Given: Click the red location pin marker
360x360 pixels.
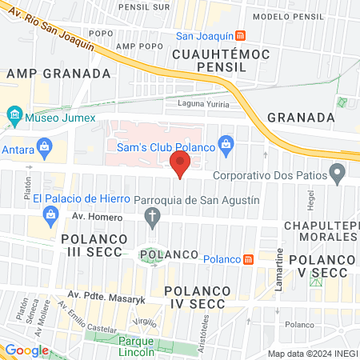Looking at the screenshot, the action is tap(180, 166).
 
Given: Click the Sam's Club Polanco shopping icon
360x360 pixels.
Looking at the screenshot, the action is tap(226, 143).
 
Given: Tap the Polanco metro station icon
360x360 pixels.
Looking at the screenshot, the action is tap(249, 259).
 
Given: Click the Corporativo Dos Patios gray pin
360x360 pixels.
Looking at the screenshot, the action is tap(338, 173).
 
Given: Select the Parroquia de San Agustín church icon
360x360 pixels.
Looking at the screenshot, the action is tap(152, 215).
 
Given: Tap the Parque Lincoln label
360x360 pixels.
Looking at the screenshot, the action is tap(141, 335).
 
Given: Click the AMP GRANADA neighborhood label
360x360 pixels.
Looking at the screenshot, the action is tap(58, 73).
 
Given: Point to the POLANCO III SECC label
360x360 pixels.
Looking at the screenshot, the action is tap(92, 246).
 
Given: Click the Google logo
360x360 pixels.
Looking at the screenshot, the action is tap(26, 350).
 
